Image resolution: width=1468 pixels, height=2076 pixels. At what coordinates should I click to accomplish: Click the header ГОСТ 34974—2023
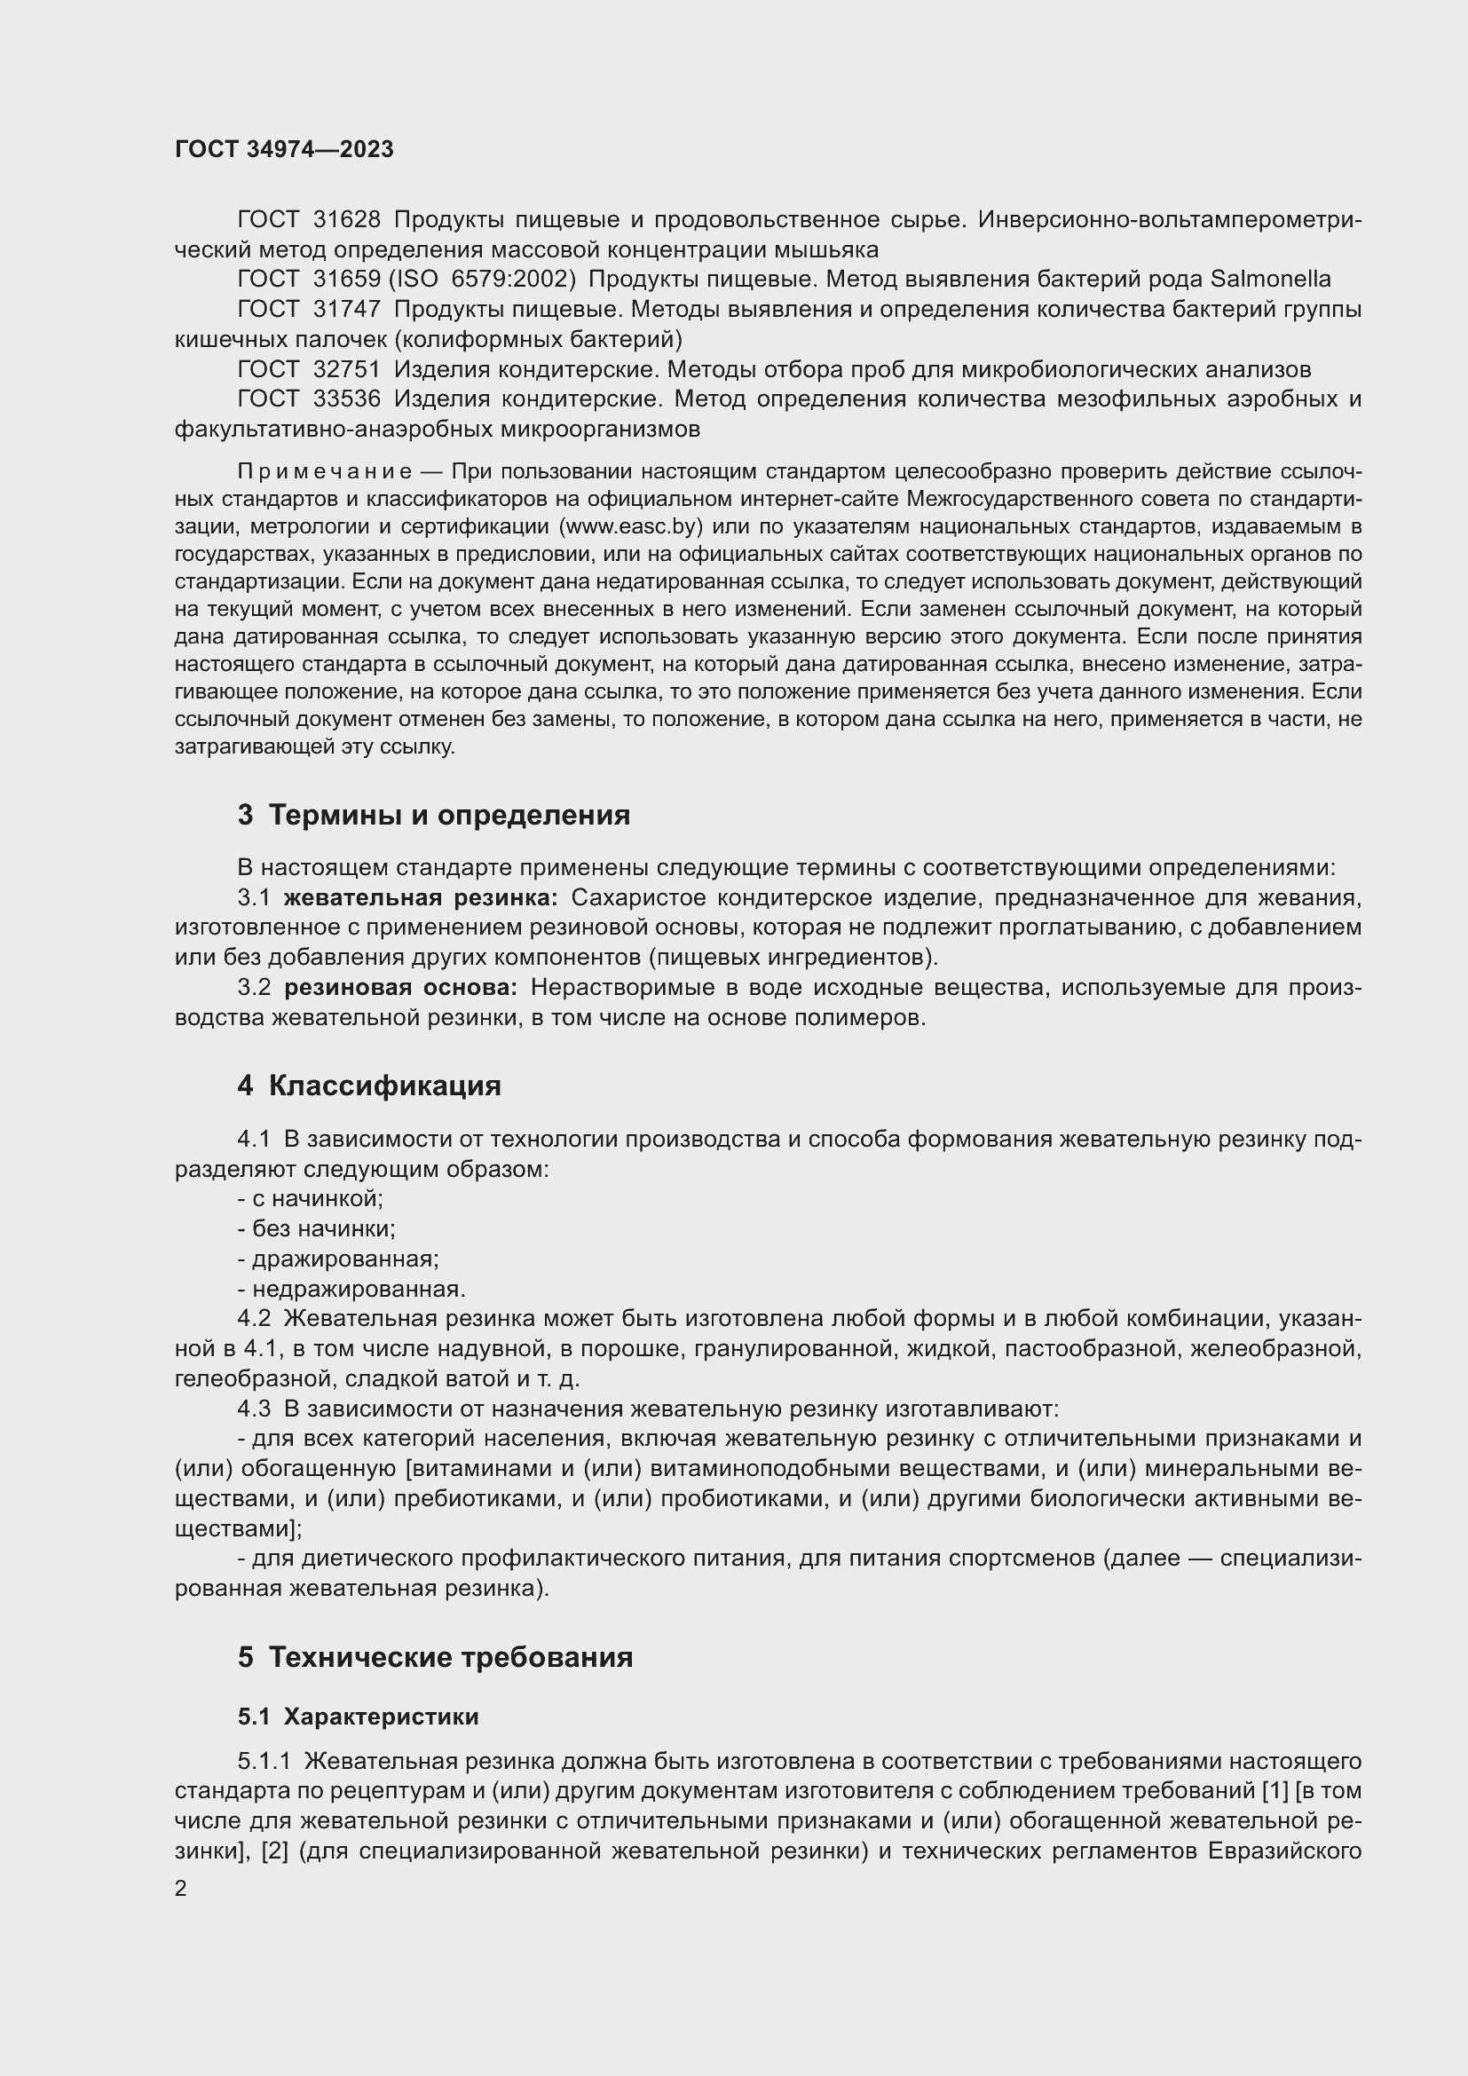tap(284, 150)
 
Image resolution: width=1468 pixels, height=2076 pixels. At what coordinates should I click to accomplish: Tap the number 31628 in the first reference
tap(347, 220)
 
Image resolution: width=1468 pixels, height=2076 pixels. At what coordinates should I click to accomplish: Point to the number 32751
tap(347, 370)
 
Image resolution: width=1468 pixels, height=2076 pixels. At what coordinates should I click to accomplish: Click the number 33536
tap(347, 399)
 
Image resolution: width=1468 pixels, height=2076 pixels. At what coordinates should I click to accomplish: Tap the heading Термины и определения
tap(449, 816)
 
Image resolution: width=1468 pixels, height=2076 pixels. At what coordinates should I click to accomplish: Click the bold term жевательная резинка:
tap(422, 898)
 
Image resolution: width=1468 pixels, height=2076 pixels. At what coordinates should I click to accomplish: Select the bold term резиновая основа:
tap(400, 988)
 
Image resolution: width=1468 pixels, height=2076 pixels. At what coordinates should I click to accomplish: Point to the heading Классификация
tap(384, 1085)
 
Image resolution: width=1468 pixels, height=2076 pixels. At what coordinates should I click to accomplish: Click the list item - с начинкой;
tap(310, 1199)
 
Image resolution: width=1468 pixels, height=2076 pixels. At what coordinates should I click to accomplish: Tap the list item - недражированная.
tap(351, 1290)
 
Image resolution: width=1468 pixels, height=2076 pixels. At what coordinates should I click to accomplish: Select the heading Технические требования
tap(450, 1658)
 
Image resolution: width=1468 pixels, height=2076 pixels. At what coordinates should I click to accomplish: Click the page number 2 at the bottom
tap(181, 1889)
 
